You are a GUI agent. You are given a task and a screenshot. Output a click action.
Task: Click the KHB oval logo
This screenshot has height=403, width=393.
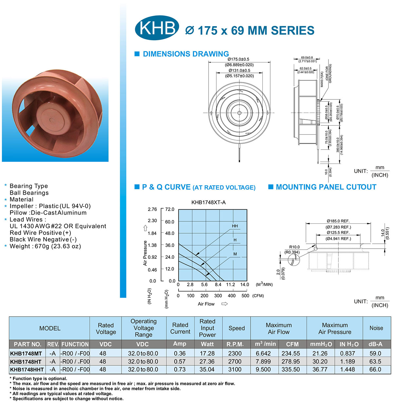157,27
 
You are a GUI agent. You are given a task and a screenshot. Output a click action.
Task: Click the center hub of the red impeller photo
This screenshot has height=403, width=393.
52,120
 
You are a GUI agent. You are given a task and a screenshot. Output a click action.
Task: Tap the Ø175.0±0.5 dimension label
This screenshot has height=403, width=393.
238,59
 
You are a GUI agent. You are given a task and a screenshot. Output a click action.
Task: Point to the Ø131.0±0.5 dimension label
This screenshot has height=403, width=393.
239,70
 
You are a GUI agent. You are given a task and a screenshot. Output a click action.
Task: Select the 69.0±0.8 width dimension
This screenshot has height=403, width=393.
307,58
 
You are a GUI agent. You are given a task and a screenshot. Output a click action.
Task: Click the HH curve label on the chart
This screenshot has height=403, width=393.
235,226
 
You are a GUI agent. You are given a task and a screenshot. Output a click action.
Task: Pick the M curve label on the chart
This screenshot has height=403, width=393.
235,254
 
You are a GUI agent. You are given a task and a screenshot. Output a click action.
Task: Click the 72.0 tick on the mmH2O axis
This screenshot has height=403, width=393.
170,209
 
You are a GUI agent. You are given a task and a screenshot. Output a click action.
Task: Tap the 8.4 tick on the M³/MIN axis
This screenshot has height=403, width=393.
218,285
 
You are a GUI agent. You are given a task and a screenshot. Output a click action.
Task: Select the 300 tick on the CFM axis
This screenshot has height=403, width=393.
218,296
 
